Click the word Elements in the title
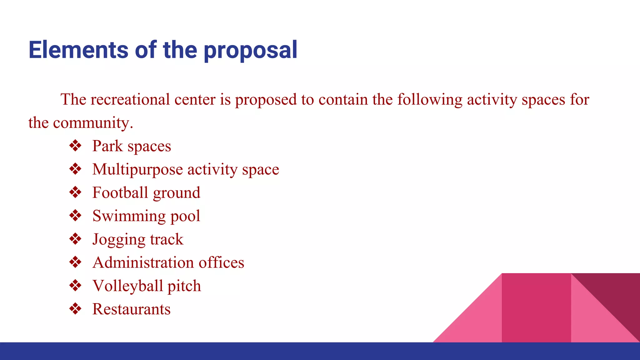(78, 50)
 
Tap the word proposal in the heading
(250, 51)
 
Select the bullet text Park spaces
(132, 146)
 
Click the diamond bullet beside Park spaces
(75, 146)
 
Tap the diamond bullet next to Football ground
(75, 192)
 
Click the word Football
(120, 192)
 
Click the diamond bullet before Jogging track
(75, 239)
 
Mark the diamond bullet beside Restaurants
(75, 309)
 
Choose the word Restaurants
(132, 309)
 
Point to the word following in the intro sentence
(430, 100)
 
